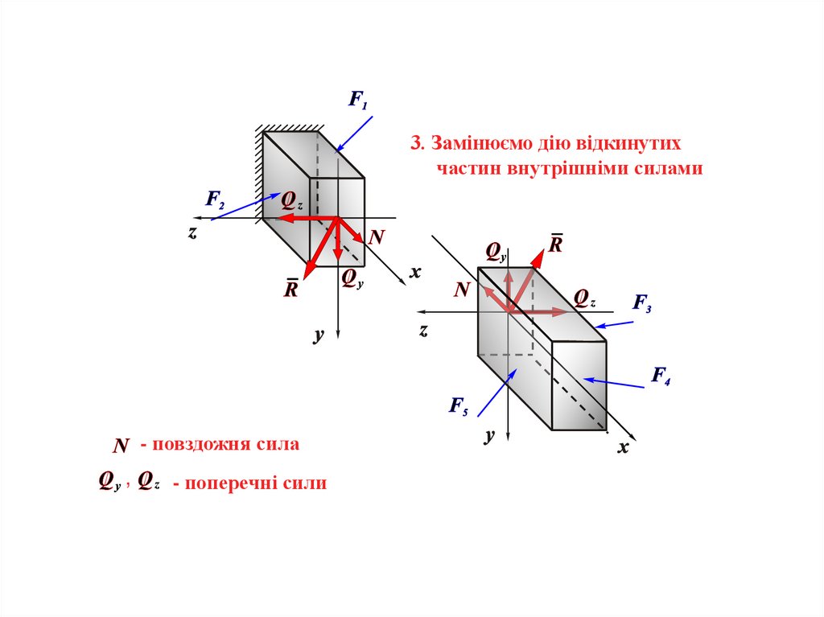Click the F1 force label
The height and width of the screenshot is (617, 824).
pyautogui.click(x=357, y=101)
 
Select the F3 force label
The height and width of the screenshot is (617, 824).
pyautogui.click(x=642, y=303)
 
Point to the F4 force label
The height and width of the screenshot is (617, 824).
pyautogui.click(x=661, y=375)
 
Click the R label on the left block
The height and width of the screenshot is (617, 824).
pyautogui.click(x=290, y=289)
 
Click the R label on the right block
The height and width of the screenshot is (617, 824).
pyautogui.click(x=555, y=243)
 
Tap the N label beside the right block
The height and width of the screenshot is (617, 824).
pyautogui.click(x=461, y=290)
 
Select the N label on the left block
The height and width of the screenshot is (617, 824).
pyautogui.click(x=376, y=237)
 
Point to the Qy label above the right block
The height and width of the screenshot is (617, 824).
pyautogui.click(x=495, y=253)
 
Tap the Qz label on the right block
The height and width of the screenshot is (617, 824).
pyautogui.click(x=584, y=298)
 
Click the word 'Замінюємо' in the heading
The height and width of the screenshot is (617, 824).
pyautogui.click(x=482, y=144)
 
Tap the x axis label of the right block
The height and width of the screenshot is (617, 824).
pyautogui.click(x=622, y=448)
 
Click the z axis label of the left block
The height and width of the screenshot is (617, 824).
pyautogui.click(x=193, y=232)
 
